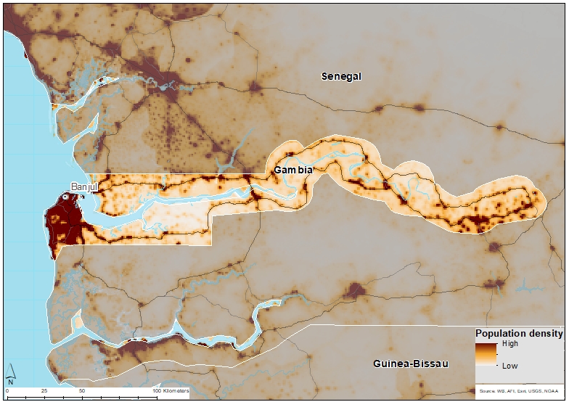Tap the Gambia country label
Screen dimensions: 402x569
tap(293, 170)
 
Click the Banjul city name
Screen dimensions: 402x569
tap(84, 186)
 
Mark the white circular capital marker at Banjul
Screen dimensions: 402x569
tap(65, 197)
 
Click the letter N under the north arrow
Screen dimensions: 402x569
tap(11, 381)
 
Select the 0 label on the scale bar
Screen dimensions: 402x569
tap(7, 391)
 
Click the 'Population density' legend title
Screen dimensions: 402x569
tap(519, 334)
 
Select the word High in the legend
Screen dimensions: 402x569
tap(510, 344)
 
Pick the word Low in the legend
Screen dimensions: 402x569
tap(509, 366)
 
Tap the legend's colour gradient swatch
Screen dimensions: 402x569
tap(486, 355)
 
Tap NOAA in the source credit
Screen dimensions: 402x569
tap(552, 390)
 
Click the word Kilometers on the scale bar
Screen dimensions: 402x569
tap(175, 391)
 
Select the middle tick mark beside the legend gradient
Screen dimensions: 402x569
tap(497, 355)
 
